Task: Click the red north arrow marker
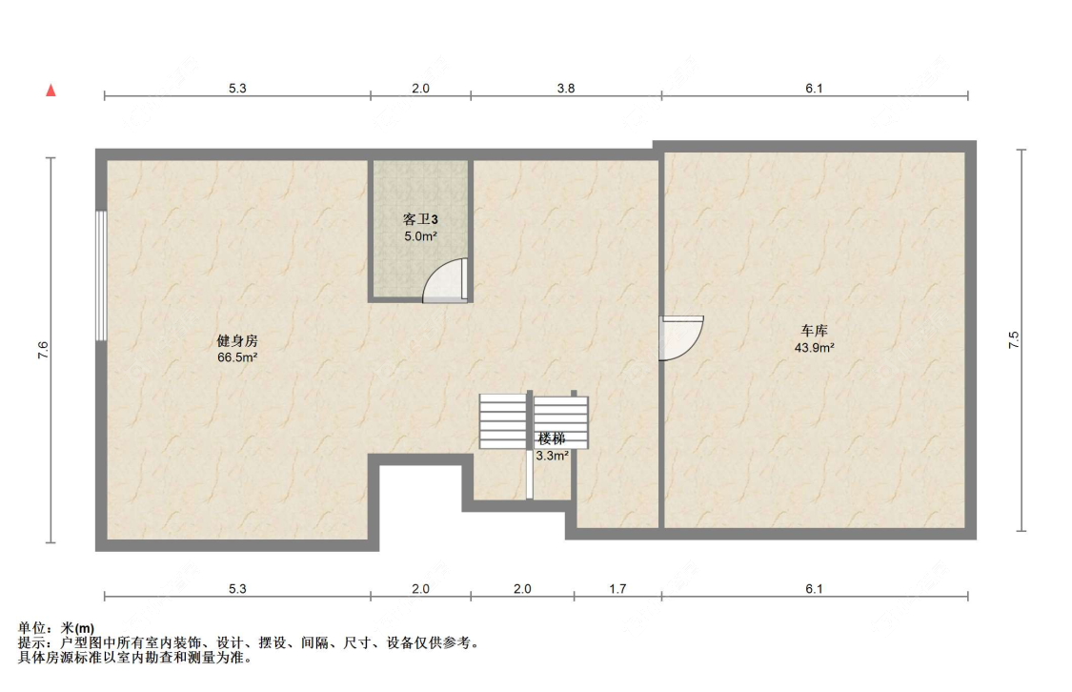(51, 91)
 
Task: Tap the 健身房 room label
(237, 340)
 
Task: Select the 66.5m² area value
(237, 357)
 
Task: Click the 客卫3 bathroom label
(420, 219)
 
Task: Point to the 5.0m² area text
(420, 236)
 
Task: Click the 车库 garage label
(815, 331)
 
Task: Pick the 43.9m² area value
(815, 347)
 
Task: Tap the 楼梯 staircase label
(552, 439)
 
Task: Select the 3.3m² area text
(552, 456)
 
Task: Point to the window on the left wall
(101, 275)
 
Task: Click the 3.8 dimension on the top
(566, 89)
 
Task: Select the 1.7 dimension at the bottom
(617, 589)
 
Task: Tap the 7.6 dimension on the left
(43, 350)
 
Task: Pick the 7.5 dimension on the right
(1014, 340)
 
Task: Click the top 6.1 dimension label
(815, 89)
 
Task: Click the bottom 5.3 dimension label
(237, 589)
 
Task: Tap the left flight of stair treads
(502, 420)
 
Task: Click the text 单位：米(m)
(56, 628)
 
